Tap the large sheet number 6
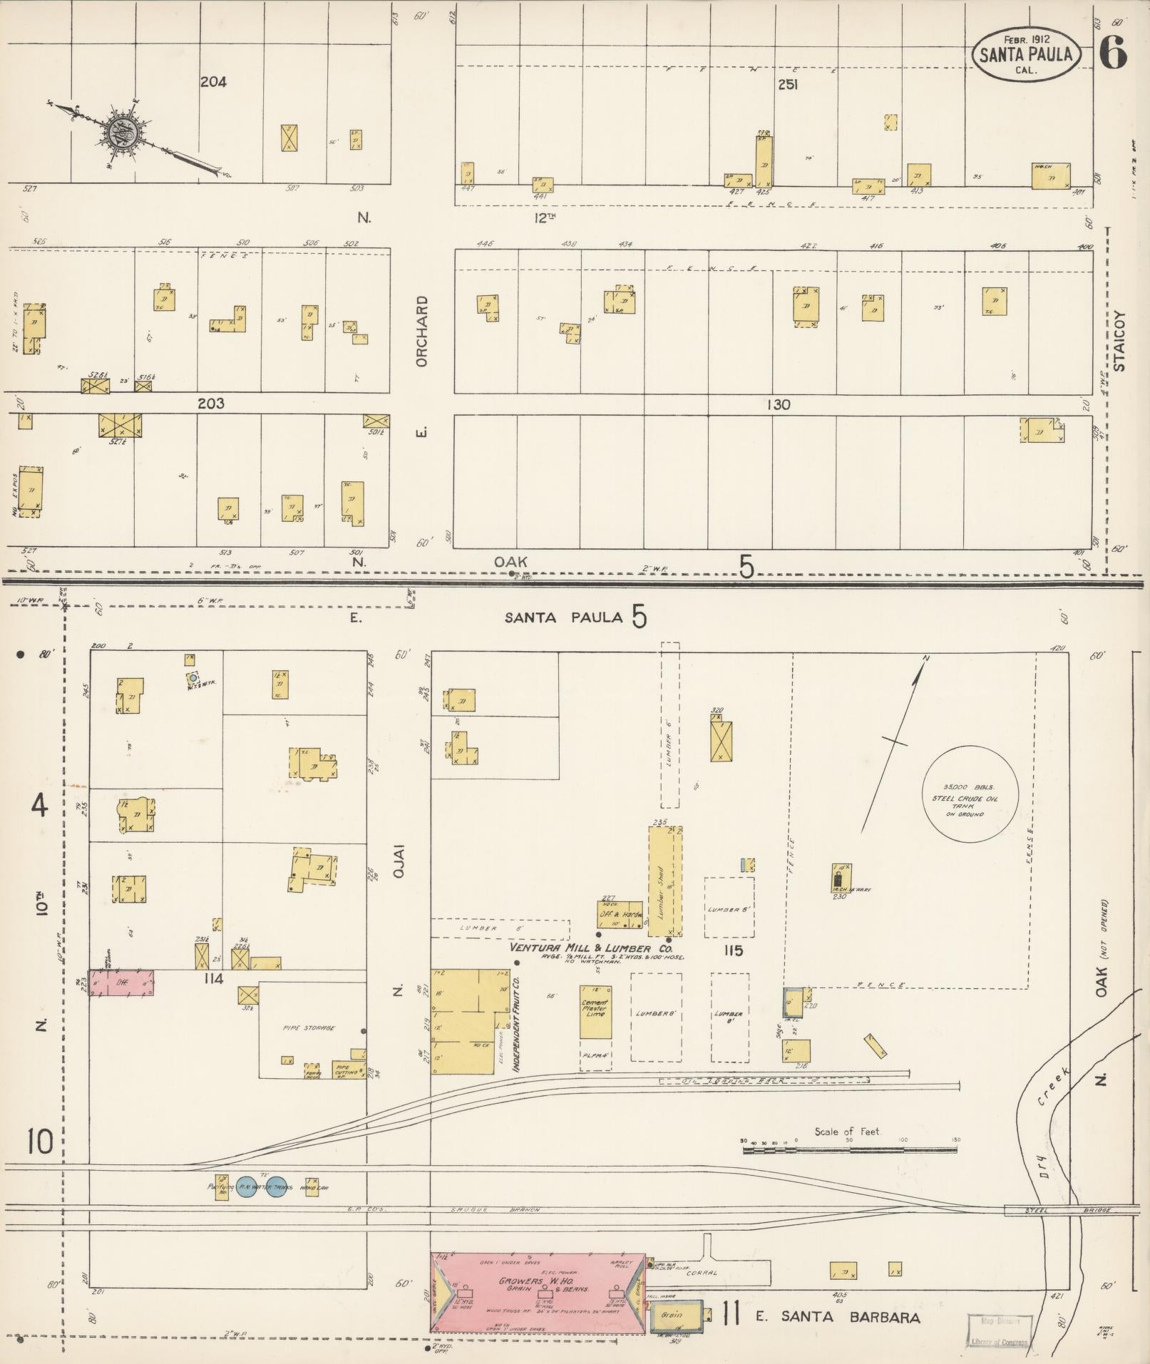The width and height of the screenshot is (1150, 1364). pyautogui.click(x=1112, y=53)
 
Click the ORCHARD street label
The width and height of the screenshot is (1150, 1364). pyautogui.click(x=422, y=332)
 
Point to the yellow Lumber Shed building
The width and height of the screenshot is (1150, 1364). pyautogui.click(x=664, y=881)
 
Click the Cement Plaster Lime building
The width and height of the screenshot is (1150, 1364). pyautogui.click(x=595, y=1012)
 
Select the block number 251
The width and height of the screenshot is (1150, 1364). pyautogui.click(x=787, y=85)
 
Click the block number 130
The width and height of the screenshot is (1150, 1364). pyautogui.click(x=778, y=404)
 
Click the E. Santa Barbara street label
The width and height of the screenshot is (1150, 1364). pyautogui.click(x=837, y=1317)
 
